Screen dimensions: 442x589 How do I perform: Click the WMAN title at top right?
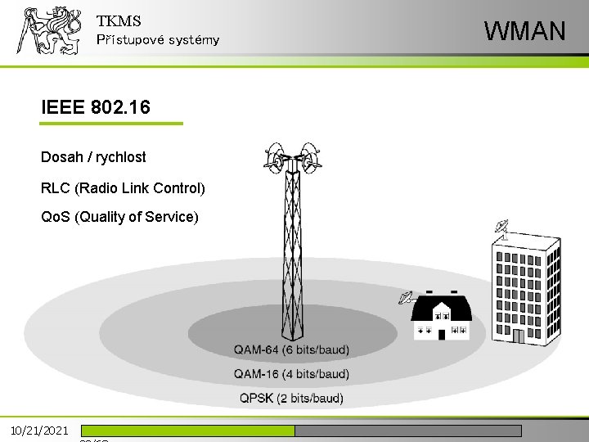click(x=524, y=31)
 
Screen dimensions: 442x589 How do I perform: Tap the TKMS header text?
click(x=119, y=21)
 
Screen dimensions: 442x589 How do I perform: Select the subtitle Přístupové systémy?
click(x=157, y=40)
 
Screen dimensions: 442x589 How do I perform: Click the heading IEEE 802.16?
click(x=95, y=106)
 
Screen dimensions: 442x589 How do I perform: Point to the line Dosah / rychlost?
click(x=93, y=156)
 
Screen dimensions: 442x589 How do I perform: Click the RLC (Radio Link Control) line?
click(x=123, y=188)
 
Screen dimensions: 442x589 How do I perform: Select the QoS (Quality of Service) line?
click(x=119, y=217)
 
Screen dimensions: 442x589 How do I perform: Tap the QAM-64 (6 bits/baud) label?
click(x=291, y=350)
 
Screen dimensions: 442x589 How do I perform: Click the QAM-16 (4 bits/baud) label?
click(x=291, y=374)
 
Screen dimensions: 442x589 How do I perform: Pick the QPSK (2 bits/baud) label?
click(x=291, y=399)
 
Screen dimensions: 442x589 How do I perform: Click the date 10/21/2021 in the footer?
click(x=39, y=430)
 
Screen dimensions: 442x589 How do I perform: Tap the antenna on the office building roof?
click(x=501, y=228)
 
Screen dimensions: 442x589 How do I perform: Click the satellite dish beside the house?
click(x=405, y=298)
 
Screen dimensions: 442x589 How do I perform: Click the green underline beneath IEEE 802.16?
click(x=111, y=124)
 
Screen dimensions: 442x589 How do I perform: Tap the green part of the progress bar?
click(x=187, y=431)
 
